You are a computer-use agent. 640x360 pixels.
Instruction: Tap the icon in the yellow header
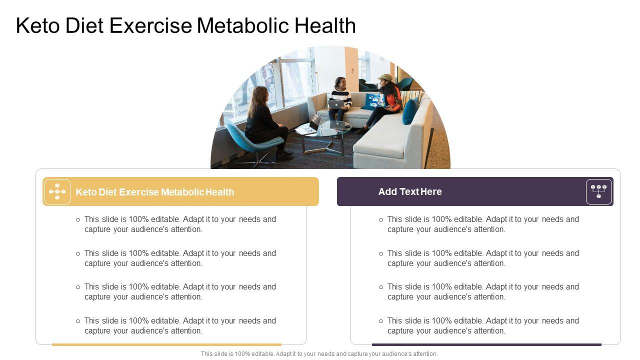pos(57,191)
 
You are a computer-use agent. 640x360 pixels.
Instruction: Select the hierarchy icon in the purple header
pos(598,191)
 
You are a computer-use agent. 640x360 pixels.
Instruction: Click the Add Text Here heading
pos(410,191)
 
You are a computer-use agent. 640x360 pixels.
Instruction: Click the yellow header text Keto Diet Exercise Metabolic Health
pos(154,192)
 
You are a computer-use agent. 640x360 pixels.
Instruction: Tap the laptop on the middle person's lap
pos(336,104)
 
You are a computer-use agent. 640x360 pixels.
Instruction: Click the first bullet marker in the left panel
pos(78,219)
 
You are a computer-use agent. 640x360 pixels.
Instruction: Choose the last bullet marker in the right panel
pos(381,321)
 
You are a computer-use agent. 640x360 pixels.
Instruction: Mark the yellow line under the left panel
pos(166,344)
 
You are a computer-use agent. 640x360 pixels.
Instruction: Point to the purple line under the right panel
pos(486,344)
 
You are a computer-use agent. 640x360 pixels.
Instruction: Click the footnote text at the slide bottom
pos(319,354)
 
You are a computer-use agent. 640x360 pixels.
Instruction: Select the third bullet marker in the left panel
pos(78,287)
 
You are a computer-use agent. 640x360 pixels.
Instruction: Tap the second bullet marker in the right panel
pos(381,253)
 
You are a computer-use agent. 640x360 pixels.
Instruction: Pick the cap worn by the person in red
pos(385,78)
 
